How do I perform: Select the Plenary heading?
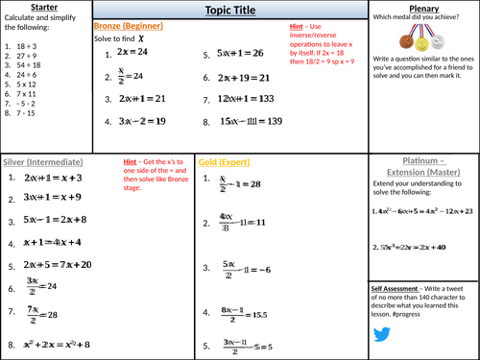pos(422,7)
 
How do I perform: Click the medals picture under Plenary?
pos(422,42)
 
